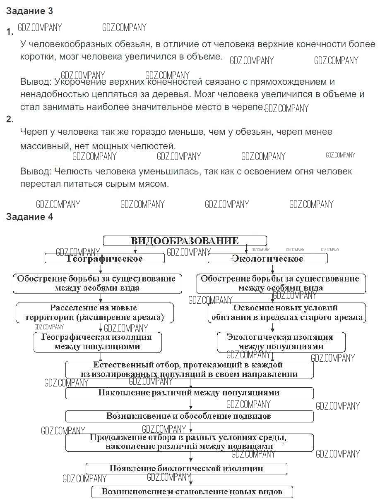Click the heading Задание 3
tap(29, 11)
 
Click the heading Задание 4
tap(29, 217)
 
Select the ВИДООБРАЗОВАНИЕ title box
tap(185, 241)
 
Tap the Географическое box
tap(105, 259)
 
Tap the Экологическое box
tap(267, 259)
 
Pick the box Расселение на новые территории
tap(94, 313)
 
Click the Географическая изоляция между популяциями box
tap(97, 342)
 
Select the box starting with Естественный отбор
tap(189, 370)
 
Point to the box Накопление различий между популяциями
tap(189, 393)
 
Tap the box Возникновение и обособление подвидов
tap(189, 416)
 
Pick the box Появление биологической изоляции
tap(186, 468)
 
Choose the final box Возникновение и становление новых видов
tap(192, 492)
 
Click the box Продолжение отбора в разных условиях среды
tap(189, 442)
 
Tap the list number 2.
tap(10, 119)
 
